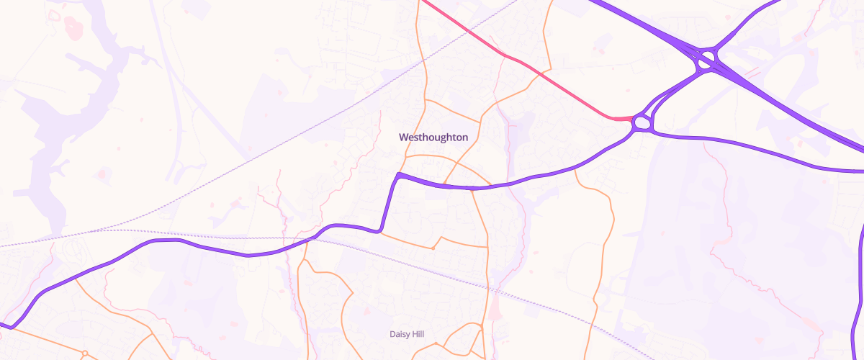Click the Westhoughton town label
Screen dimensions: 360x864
(433, 137)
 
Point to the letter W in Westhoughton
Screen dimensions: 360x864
(403, 137)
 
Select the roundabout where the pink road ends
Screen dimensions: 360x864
(642, 124)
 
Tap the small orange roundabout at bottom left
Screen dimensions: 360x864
(84, 353)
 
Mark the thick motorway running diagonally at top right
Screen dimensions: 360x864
(792, 101)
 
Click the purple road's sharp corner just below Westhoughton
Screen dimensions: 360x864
(397, 174)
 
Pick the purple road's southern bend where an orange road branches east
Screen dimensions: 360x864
(379, 231)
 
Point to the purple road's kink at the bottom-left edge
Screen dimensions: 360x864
(10, 327)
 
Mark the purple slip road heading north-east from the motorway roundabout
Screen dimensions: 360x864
(749, 22)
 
